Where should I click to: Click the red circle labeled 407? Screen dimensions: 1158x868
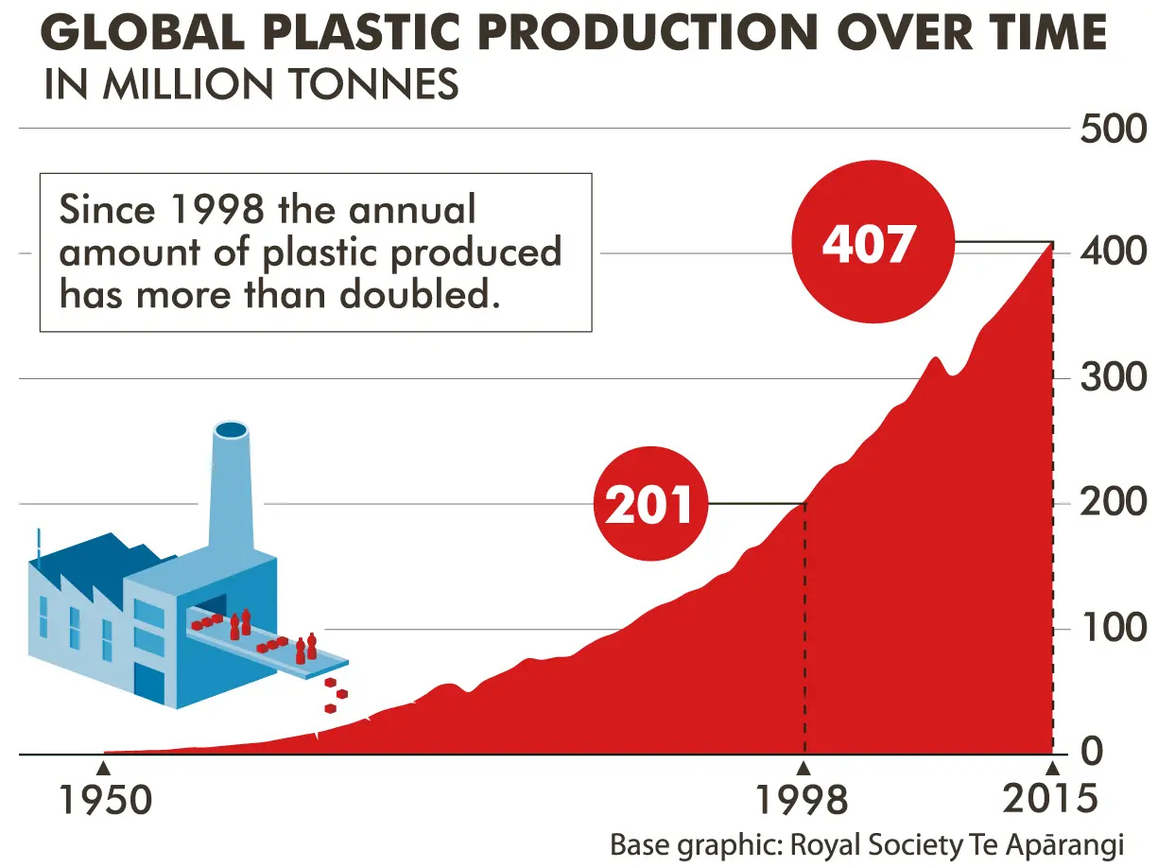(x=873, y=242)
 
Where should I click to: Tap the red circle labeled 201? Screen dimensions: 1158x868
(x=650, y=504)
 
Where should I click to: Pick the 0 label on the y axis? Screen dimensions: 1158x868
(x=1092, y=752)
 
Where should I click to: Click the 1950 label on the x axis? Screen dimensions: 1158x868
(x=106, y=801)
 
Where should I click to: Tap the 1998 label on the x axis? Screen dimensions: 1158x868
(x=803, y=801)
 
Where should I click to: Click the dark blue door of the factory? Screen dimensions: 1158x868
(x=149, y=685)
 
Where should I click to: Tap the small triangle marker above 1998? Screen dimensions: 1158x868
(x=804, y=770)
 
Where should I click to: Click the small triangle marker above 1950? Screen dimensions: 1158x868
(x=104, y=770)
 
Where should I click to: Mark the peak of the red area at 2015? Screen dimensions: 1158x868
(x=1052, y=243)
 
